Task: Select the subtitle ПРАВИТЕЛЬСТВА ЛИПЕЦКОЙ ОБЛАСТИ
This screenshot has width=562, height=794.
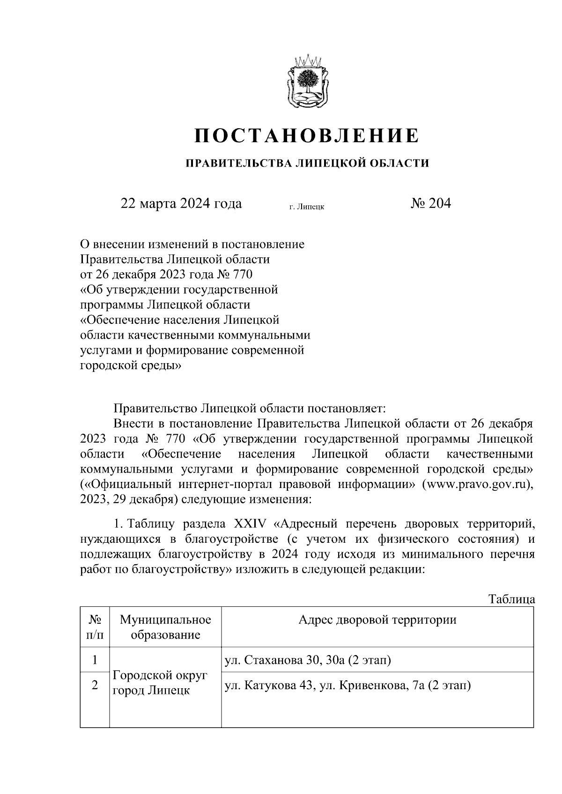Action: click(x=307, y=163)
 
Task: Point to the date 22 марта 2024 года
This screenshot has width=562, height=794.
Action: click(x=181, y=204)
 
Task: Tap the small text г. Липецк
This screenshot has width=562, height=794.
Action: click(x=307, y=206)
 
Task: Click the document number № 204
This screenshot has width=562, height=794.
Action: click(x=430, y=204)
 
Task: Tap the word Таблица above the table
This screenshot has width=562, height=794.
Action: click(x=511, y=599)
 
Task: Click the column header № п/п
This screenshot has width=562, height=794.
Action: click(x=95, y=627)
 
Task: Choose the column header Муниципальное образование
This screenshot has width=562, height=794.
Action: click(x=165, y=627)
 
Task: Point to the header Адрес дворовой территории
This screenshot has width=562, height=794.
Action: click(x=377, y=620)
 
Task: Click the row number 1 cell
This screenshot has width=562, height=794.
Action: click(x=95, y=660)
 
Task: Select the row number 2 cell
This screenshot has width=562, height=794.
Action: click(x=95, y=685)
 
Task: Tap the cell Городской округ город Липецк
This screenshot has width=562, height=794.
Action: click(x=160, y=683)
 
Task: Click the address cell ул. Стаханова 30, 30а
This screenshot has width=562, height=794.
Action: click(x=308, y=661)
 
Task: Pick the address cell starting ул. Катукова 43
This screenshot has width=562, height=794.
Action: click(x=348, y=686)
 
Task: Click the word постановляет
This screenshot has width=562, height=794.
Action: click(x=345, y=408)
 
